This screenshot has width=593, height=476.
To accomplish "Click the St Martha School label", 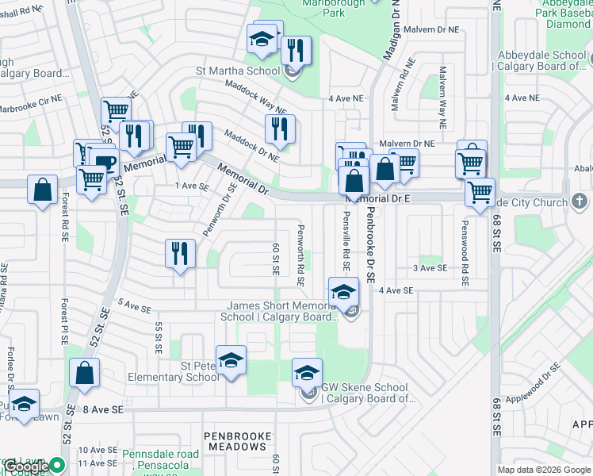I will (x=238, y=71).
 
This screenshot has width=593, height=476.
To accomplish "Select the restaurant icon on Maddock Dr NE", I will (x=279, y=129).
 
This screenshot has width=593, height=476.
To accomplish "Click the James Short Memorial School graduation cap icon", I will (x=342, y=291).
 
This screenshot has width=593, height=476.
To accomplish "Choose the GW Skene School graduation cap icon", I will (x=308, y=372).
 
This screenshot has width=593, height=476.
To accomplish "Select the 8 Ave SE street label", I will (x=103, y=409).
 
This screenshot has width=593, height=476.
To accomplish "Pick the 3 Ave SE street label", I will (x=430, y=268).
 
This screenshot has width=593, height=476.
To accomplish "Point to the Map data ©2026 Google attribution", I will (x=544, y=469).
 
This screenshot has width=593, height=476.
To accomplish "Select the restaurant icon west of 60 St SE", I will (x=180, y=254).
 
